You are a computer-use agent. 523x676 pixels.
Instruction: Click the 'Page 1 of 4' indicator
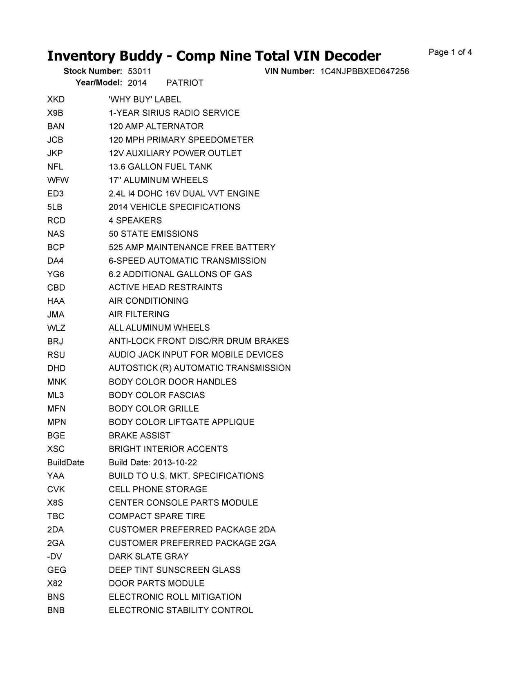pos(450,52)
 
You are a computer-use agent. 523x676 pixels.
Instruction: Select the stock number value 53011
pos(139,71)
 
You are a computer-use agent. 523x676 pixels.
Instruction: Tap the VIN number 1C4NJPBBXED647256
pos(364,71)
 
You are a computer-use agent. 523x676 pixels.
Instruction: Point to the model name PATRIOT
pos(185,83)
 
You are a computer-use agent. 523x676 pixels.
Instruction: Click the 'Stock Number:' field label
pos(93,71)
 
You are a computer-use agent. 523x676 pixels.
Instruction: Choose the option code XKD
pos(56,100)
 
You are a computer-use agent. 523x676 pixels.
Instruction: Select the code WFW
pos(58,180)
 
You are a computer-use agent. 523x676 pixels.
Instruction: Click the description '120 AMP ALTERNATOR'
pos(156,127)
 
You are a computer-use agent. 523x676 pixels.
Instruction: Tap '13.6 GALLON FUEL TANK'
pos(160,167)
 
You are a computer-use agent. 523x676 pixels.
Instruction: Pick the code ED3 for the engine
pos(56,193)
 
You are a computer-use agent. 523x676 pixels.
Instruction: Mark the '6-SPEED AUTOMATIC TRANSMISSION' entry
pos(187,261)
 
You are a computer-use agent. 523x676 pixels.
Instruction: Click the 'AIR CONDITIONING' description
pos(148,301)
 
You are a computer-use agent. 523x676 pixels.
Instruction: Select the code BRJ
pos(55,341)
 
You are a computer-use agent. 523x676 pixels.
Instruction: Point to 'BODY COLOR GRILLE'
pos(154,409)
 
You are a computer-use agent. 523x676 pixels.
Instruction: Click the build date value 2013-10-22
pos(175,463)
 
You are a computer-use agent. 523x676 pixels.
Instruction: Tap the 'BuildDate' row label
pos(65,463)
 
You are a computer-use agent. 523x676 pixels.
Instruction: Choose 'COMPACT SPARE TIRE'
pos(156,516)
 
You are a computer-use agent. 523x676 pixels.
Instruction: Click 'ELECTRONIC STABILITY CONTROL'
pos(181,610)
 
